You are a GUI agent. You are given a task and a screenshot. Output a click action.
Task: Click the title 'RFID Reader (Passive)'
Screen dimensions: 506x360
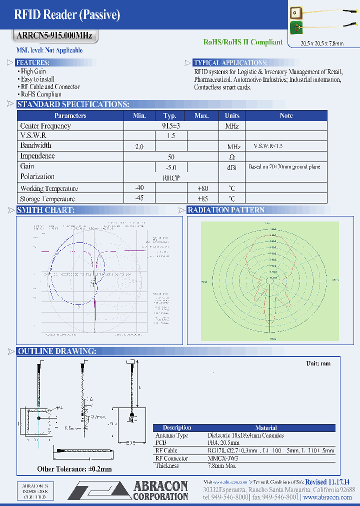[66, 15]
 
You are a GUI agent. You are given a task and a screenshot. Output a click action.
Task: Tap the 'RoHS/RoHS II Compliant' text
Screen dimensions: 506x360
[243, 42]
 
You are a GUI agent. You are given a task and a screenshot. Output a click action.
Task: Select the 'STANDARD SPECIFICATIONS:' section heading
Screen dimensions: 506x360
[73, 104]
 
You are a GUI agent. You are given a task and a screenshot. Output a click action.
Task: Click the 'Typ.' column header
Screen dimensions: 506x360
[170, 116]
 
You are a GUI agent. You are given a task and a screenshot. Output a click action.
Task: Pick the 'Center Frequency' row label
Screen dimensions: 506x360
[45, 126]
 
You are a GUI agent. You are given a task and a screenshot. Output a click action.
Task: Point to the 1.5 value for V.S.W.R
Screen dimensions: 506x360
[170, 136]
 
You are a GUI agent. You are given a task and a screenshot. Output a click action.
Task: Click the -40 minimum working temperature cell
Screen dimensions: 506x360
[139, 188]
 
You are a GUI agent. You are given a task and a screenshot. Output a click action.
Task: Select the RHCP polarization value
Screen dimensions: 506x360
[171, 177]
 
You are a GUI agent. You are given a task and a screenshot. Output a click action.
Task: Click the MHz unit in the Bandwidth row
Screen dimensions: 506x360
[233, 146]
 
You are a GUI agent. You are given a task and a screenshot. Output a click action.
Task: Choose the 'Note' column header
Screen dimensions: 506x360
[286, 116]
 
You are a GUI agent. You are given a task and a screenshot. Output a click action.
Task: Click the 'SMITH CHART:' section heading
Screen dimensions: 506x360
[46, 210]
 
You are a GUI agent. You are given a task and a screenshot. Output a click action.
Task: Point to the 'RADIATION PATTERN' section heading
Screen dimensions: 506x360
[226, 210]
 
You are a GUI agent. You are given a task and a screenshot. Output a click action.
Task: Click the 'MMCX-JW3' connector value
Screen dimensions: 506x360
[224, 458]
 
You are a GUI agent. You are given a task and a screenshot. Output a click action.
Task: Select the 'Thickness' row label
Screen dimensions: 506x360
[166, 465]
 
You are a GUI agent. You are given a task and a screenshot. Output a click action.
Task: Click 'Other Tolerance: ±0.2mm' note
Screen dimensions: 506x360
[74, 469]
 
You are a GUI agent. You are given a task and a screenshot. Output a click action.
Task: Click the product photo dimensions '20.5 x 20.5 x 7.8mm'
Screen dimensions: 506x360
[322, 44]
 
